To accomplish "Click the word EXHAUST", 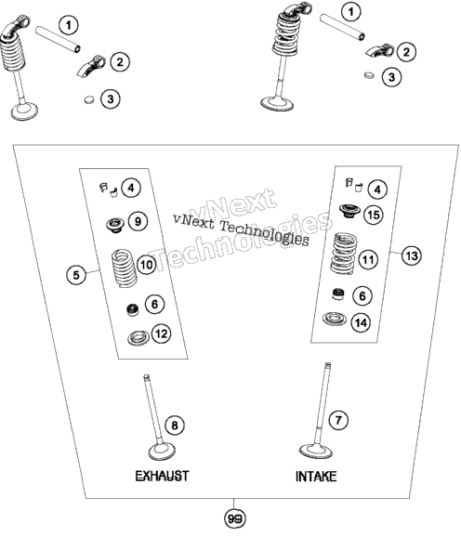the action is pyautogui.click(x=162, y=476).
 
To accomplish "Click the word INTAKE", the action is pyautogui.click(x=316, y=477).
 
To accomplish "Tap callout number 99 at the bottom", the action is pyautogui.click(x=234, y=518).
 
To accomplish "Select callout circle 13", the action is pyautogui.click(x=411, y=255).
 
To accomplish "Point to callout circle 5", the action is pyautogui.click(x=76, y=275).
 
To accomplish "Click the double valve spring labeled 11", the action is pyautogui.click(x=344, y=254).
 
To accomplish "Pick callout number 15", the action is pyautogui.click(x=374, y=215).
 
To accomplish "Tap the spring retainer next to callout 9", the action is pyautogui.click(x=116, y=225).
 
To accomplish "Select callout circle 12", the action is pyautogui.click(x=162, y=334).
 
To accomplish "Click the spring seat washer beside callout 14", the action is pyautogui.click(x=335, y=319).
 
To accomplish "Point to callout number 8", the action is pyautogui.click(x=175, y=426).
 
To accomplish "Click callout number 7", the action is pyautogui.click(x=338, y=420).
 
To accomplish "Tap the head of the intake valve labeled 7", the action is pyautogui.click(x=316, y=451).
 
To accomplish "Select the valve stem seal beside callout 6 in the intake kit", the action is pyautogui.click(x=338, y=294).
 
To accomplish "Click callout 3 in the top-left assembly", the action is pyautogui.click(x=111, y=98).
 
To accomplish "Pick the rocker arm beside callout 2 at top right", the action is pyautogui.click(x=380, y=50).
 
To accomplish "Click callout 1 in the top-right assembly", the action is pyautogui.click(x=350, y=12).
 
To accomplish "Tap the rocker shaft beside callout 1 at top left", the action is pyautogui.click(x=58, y=39).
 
